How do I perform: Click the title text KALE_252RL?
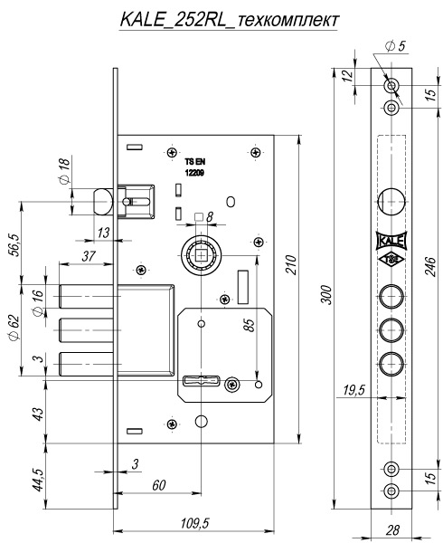point(172,20)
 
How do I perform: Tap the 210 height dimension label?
point(291,264)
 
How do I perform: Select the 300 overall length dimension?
point(326,295)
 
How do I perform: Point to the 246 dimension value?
point(430,266)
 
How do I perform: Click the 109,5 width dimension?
point(195,523)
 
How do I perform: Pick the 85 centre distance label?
point(249,325)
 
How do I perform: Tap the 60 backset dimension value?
point(159,485)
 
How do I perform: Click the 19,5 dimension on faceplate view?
point(354,390)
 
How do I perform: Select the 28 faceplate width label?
point(392,529)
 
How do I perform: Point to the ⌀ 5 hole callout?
point(396,46)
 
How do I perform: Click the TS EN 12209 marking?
point(194,167)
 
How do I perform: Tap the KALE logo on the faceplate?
point(391,241)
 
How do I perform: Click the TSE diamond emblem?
point(391,259)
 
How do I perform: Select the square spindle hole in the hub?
point(201,255)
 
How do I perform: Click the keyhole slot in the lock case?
point(201,381)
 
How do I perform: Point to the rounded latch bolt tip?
point(103,201)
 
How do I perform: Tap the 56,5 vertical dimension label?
point(15,245)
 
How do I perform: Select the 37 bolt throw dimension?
point(89,257)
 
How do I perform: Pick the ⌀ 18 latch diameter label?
point(64,170)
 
